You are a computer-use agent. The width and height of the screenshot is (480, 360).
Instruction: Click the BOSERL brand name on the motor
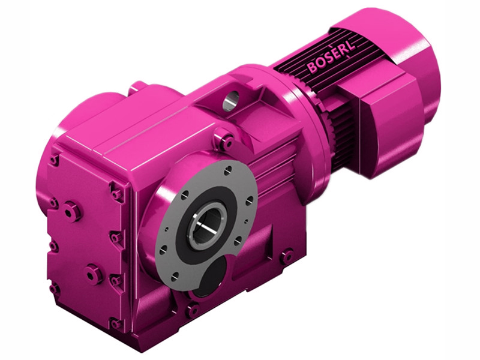click(x=332, y=59)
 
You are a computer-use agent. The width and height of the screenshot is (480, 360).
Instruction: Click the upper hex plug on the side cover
click(x=71, y=211)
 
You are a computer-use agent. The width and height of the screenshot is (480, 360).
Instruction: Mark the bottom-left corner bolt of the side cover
click(x=55, y=289)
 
